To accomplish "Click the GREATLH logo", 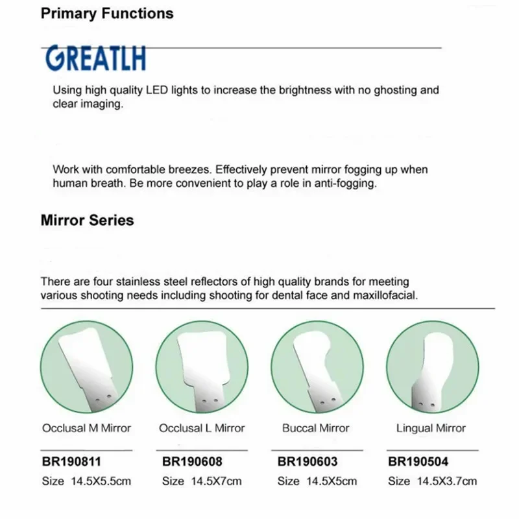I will pos(95,58).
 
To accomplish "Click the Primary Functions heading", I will pos(107,13).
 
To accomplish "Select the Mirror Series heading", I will pos(87,220).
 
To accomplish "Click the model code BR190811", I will pos(71,462).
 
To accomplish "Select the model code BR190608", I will pos(191,462).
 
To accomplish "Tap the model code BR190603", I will pos(308,462).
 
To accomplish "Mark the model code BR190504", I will pos(418,462).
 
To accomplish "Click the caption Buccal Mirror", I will pos(316,428).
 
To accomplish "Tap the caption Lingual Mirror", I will pos(431,428).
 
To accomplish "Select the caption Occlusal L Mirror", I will pos(202,428).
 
